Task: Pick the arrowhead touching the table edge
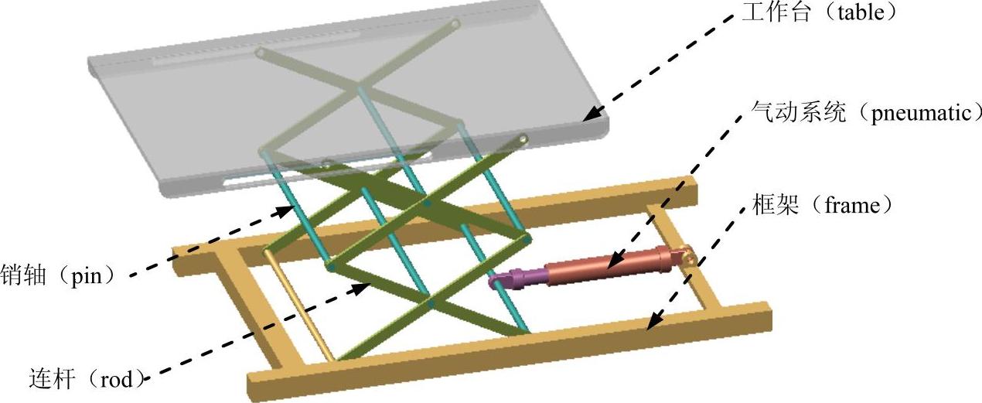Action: [589, 116]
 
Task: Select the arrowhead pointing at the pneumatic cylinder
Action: [607, 264]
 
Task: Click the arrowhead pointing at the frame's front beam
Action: [652, 323]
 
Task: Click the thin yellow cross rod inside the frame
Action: [302, 306]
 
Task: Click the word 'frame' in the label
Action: [848, 207]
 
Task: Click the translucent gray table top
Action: [348, 101]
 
